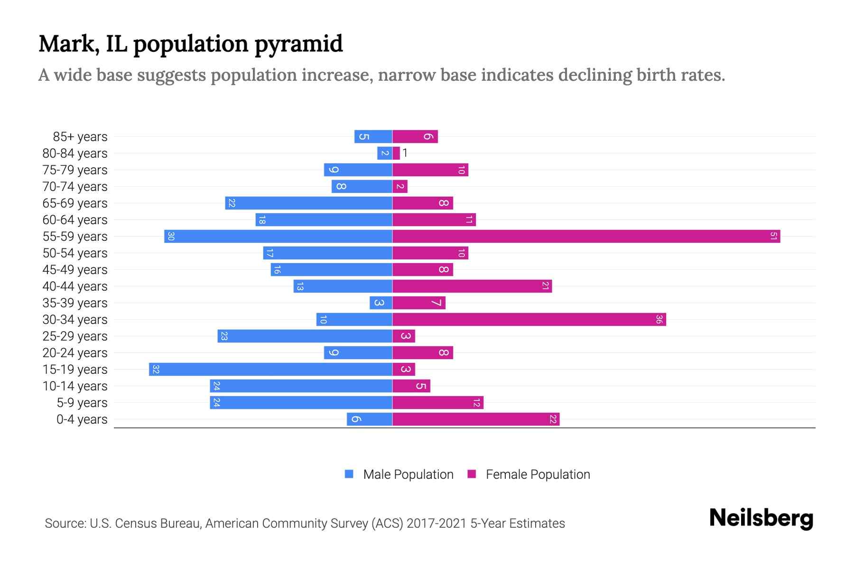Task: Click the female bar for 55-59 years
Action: tap(586, 236)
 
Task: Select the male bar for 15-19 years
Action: tap(270, 369)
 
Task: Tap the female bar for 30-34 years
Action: tap(529, 319)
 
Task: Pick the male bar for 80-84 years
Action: tap(385, 153)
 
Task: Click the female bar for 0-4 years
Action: tap(476, 419)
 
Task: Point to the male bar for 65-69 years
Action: tap(308, 203)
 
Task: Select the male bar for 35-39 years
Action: tap(381, 303)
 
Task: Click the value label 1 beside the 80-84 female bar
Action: tap(405, 153)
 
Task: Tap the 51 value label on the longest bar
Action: tap(773, 236)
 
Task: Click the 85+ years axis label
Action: tap(80, 137)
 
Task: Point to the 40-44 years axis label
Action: tap(75, 286)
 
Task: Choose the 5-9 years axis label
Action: tap(82, 403)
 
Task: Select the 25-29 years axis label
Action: tap(75, 336)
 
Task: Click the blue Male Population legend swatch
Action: tap(349, 474)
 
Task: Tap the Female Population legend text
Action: tap(538, 474)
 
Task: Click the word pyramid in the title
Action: tap(298, 44)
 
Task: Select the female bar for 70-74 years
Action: tap(400, 186)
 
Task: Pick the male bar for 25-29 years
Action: tap(305, 336)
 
